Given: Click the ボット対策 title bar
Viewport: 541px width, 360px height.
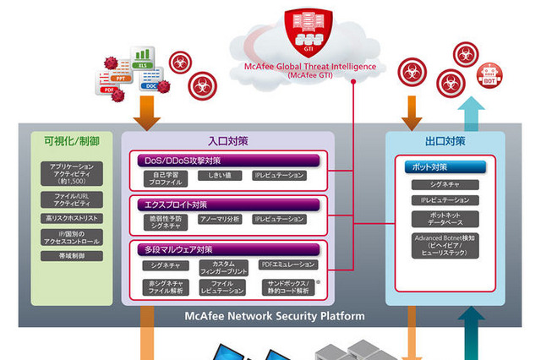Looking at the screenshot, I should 445,166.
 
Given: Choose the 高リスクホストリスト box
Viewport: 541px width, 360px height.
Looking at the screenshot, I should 72,217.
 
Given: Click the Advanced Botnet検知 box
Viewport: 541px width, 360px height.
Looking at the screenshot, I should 445,247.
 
